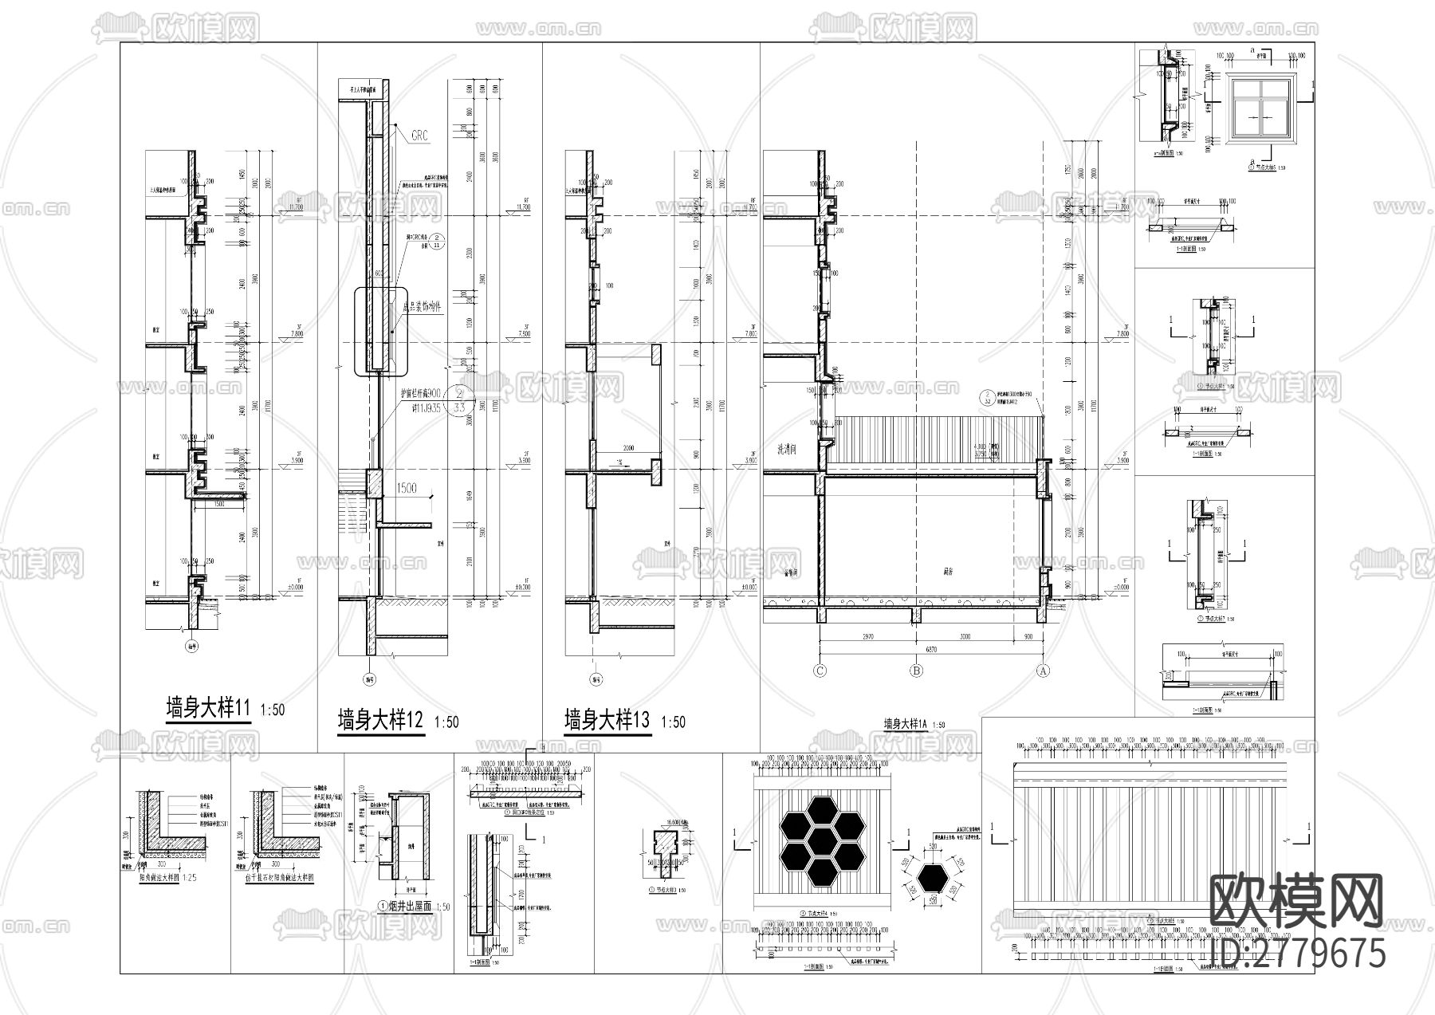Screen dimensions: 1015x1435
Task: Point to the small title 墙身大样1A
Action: click(906, 725)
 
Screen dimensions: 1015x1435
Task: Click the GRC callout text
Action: click(419, 136)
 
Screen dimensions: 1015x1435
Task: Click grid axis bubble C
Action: click(820, 671)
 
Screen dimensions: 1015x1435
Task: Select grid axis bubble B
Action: click(916, 671)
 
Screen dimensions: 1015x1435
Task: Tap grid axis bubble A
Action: click(1042, 671)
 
